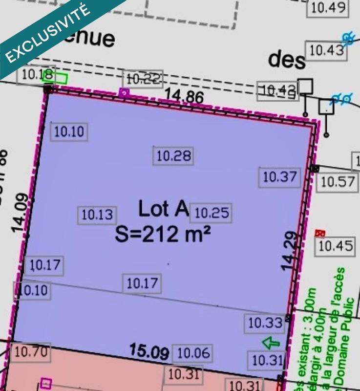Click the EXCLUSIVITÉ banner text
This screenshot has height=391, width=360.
click(49, 33)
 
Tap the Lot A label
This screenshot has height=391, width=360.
click(163, 209)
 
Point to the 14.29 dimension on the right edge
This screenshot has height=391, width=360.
click(289, 251)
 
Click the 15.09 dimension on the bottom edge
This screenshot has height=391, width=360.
click(149, 351)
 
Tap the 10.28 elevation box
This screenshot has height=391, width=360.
click(173, 156)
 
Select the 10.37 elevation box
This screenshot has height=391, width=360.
click(280, 176)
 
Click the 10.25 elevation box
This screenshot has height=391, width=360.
click(212, 213)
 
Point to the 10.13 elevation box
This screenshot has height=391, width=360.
click(97, 215)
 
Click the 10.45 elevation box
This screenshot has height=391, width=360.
click(336, 246)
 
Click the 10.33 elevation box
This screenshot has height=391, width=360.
click(265, 323)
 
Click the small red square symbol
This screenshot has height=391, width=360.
click(320, 233)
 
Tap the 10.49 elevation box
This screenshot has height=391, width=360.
click(328, 7)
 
